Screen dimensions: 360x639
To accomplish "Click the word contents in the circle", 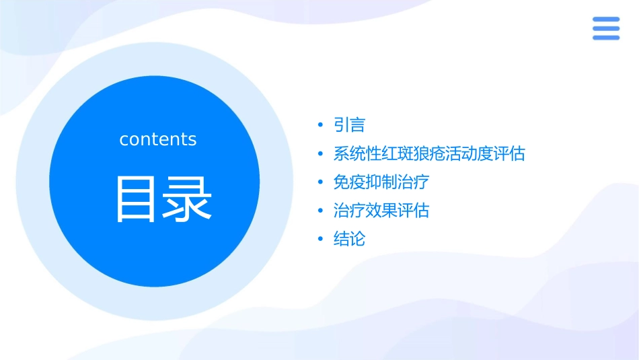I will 158,139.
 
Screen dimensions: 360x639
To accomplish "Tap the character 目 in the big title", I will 135,199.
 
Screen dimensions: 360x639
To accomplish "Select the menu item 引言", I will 349,125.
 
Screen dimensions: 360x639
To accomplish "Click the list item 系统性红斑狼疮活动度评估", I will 428,153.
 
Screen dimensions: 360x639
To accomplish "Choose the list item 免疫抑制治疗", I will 381,182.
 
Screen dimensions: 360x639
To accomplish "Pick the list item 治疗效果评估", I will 381,211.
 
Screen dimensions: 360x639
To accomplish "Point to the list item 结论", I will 349,239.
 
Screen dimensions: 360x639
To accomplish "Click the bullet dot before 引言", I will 321,126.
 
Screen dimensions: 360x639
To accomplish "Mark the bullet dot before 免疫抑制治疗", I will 321,182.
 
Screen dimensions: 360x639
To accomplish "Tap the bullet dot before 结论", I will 321,240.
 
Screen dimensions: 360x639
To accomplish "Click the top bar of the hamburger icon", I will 606,20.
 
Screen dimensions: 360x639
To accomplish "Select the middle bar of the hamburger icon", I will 606,28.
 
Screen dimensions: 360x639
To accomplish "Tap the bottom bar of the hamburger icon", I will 606,37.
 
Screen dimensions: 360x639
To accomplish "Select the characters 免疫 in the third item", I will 349,182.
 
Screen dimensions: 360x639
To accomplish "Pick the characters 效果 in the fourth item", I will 381,211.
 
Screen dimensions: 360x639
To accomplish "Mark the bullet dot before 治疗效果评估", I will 321,211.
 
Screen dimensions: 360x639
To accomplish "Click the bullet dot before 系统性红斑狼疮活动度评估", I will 321,154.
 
